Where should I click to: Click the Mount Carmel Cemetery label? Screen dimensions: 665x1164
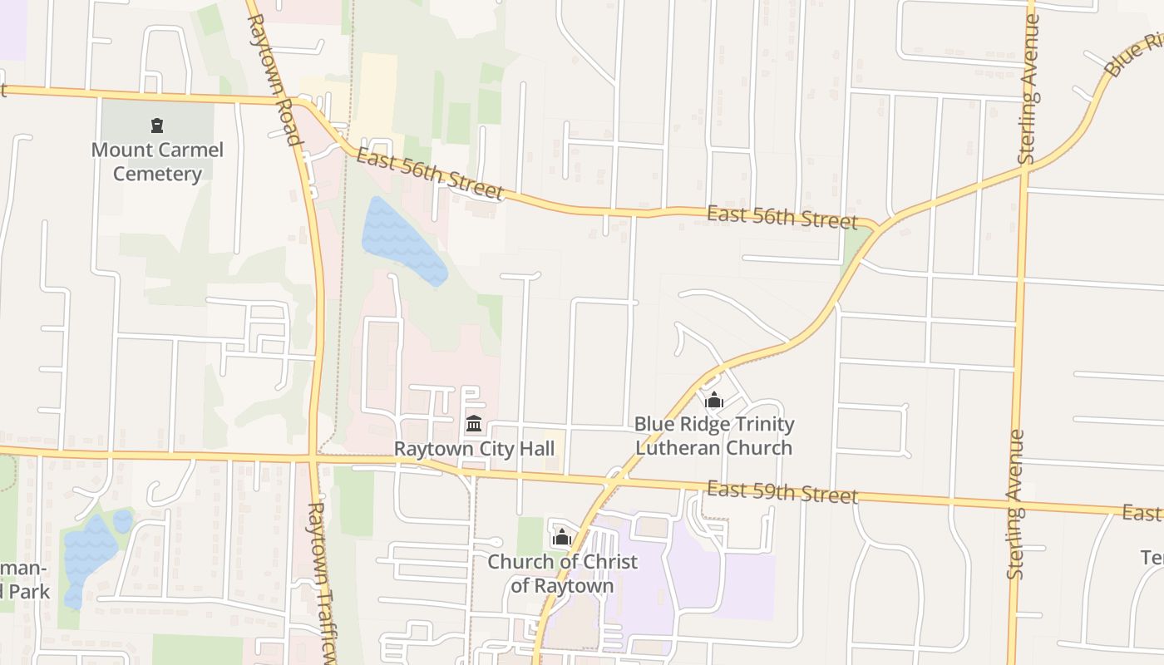click(157, 162)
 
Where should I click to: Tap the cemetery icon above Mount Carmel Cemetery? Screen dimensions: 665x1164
click(157, 126)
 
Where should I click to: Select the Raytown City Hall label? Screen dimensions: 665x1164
click(474, 449)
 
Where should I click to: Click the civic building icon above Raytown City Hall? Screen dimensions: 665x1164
click(474, 424)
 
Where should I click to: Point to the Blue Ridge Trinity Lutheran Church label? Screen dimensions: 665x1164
click(714, 436)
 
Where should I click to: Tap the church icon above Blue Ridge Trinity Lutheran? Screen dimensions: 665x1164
click(714, 401)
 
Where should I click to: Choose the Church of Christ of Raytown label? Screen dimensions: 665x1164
click(563, 574)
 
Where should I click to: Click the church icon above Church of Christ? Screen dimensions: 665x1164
click(563, 538)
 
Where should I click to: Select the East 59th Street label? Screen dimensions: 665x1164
click(782, 492)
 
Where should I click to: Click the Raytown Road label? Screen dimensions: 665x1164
click(273, 79)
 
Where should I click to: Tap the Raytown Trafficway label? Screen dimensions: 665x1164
click(323, 582)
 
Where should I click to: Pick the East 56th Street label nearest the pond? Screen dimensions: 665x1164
click(430, 174)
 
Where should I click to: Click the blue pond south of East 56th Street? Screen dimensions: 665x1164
click(402, 239)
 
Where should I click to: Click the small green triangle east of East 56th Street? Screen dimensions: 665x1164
click(856, 244)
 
